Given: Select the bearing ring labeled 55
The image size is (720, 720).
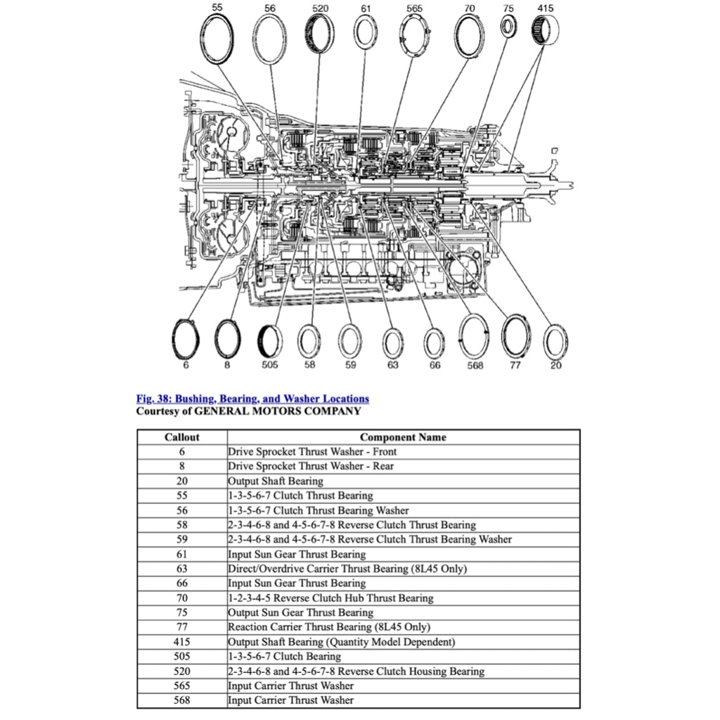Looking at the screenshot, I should point(217,37).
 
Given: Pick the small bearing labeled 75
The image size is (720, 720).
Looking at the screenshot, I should point(508,27).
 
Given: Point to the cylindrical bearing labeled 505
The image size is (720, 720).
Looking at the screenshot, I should point(270,342).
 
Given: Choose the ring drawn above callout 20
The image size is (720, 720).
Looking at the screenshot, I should point(556,342).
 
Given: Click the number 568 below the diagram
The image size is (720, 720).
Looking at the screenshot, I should point(475,366).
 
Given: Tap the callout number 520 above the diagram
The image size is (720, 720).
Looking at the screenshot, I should point(320,8).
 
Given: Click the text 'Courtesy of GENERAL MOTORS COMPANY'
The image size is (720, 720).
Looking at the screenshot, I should point(248,411).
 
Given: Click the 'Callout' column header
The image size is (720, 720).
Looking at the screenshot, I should point(182,437).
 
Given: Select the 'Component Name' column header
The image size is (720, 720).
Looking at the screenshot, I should point(403,437).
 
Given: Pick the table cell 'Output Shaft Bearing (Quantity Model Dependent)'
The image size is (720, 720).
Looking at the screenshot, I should point(342,642).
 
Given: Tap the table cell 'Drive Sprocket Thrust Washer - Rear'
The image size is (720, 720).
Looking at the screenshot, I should point(311,466).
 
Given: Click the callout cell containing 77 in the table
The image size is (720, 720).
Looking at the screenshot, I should point(182,627).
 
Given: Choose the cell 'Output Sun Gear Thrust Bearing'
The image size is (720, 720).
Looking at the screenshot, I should point(300,612).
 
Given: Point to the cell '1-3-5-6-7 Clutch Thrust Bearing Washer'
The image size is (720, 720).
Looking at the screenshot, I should point(318,510).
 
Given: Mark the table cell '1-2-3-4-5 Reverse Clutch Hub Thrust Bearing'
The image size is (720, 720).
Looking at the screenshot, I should point(330,598).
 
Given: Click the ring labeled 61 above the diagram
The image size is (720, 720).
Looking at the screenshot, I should point(366,33).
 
